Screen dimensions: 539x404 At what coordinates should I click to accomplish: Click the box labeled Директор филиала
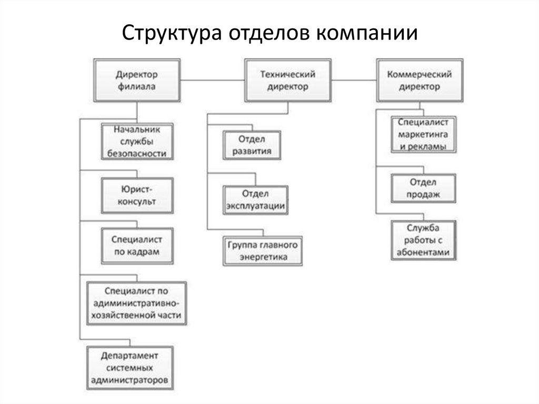[x=137, y=81]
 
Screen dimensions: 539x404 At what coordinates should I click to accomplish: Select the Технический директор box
[x=288, y=81]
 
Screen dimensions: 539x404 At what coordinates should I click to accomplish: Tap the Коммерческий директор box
[x=420, y=81]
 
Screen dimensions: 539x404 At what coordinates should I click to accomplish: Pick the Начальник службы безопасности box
[x=137, y=142]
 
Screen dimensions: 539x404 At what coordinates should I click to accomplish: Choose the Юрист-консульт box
[x=137, y=195]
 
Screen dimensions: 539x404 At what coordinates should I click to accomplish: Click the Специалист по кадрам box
[x=137, y=245]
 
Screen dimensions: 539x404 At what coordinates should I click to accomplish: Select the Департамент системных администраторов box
[x=130, y=368]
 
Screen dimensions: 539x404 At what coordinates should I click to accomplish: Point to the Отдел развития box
[x=252, y=145]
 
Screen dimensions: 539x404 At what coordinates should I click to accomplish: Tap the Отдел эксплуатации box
[x=255, y=200]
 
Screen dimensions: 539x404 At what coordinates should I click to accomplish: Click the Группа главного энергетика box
[x=263, y=251]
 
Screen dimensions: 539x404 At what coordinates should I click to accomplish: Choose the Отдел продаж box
[x=424, y=188]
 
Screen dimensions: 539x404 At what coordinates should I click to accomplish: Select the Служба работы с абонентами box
[x=424, y=240]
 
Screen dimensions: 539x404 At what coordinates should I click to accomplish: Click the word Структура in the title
[x=172, y=33]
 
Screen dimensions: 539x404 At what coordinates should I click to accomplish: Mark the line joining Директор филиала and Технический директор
[x=213, y=80]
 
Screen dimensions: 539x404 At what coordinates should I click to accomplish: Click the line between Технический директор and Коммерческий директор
[x=354, y=80]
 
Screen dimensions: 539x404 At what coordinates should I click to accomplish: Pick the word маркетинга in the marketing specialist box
[x=423, y=134]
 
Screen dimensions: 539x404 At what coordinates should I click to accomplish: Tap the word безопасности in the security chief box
[x=137, y=153]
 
